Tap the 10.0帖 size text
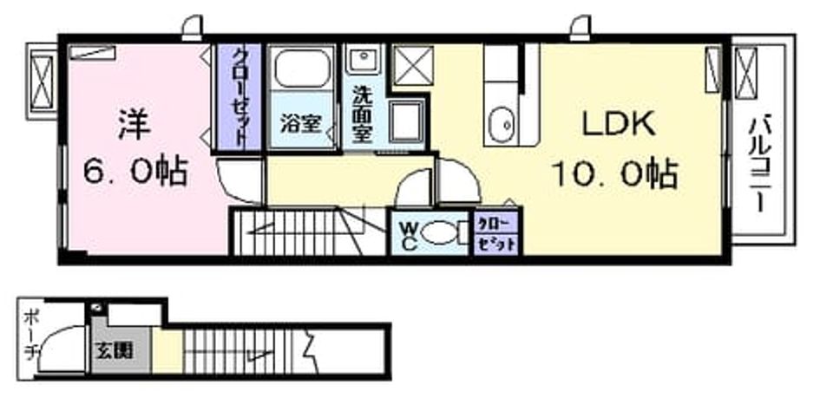click(x=615, y=174)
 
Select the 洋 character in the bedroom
click(x=134, y=123)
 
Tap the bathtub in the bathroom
click(x=301, y=69)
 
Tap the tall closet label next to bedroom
click(x=239, y=96)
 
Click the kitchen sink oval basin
click(x=502, y=126)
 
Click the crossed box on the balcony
click(x=746, y=72)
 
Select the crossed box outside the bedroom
click(x=43, y=82)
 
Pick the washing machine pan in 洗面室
click(x=407, y=120)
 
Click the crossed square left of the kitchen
click(x=413, y=65)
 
